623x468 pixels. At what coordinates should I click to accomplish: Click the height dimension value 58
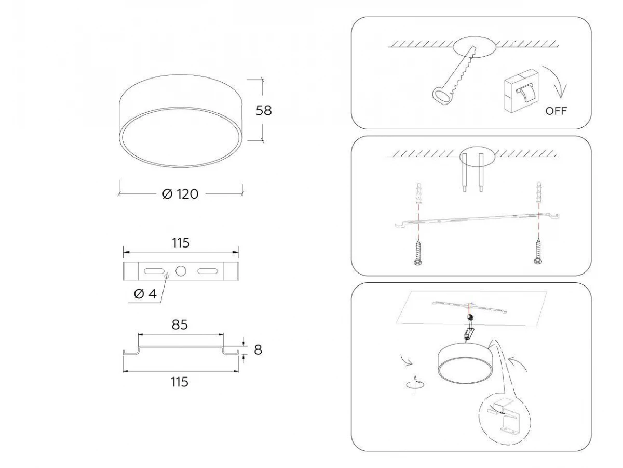point(263,110)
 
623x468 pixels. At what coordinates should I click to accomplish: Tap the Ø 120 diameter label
point(180,194)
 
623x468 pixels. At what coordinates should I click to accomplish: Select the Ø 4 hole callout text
point(145,294)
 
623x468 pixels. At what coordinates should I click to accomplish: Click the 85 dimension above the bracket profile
point(180,325)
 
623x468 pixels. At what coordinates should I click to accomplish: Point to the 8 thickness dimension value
point(258,350)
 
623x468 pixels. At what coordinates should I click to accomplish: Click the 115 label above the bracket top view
point(181,243)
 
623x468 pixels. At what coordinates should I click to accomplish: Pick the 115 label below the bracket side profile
point(180,382)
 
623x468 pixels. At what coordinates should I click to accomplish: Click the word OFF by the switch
point(556,111)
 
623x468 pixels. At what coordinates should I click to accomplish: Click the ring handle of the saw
point(441,96)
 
